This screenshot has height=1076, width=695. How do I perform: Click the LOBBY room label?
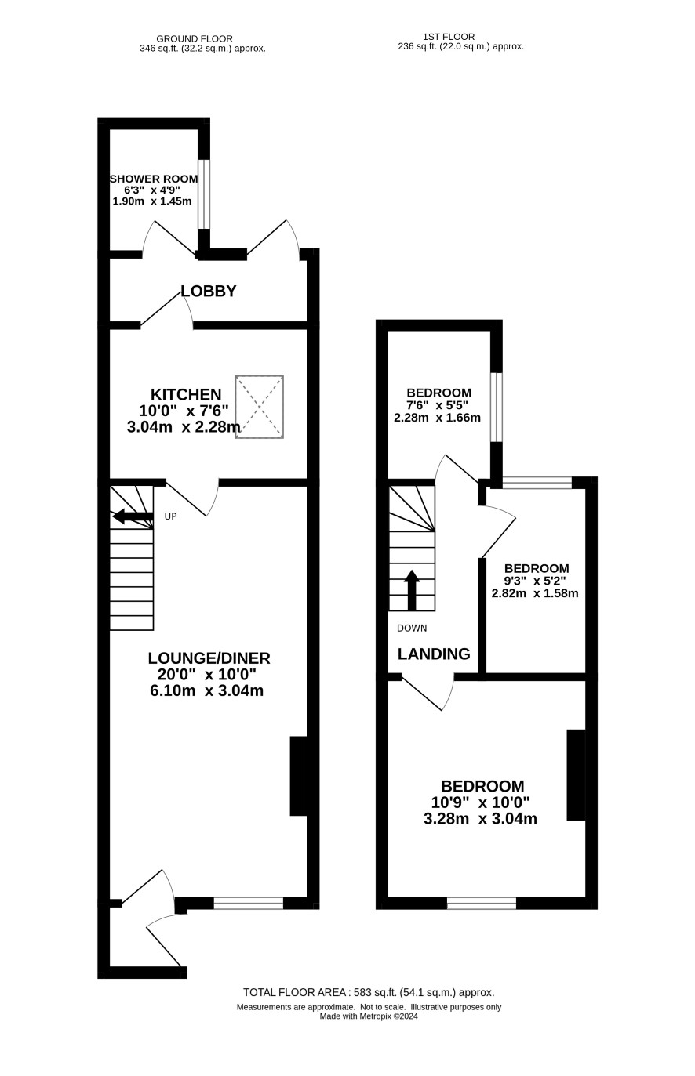[x=208, y=291]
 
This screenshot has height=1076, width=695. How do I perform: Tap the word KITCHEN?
[x=186, y=394]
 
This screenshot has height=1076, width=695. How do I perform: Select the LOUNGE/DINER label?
[x=209, y=658]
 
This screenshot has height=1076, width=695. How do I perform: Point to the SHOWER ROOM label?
[x=154, y=179]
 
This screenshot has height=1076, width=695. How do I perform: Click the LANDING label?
[x=434, y=654]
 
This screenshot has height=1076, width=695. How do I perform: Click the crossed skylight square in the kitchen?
[x=259, y=407]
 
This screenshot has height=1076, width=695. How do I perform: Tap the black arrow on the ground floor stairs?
[x=133, y=516]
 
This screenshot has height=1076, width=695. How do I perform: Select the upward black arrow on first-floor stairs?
[x=411, y=590]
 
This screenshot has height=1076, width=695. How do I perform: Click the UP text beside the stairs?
[x=171, y=516]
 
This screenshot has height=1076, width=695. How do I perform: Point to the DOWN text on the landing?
[x=412, y=628]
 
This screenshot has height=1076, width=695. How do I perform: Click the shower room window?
[x=204, y=194]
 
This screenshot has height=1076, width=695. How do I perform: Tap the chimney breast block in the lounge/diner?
[x=298, y=776]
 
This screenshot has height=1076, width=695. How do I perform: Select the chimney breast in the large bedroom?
[x=577, y=774]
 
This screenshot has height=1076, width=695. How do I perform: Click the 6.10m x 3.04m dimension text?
[x=207, y=690]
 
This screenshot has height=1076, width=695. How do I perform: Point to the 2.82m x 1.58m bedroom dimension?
[x=535, y=593]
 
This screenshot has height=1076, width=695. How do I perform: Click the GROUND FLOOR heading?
[x=195, y=38]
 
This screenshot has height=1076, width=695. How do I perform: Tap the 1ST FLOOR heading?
[x=449, y=37]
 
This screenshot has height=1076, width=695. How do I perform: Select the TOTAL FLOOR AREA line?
[x=369, y=992]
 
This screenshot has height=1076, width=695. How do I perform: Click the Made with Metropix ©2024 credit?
[x=369, y=1016]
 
